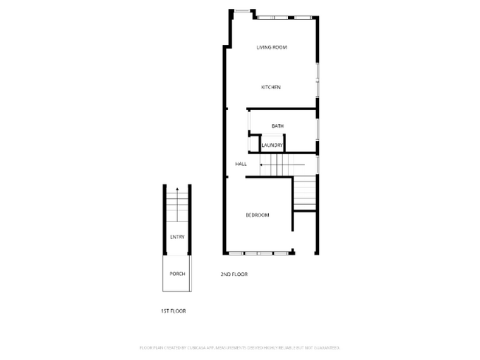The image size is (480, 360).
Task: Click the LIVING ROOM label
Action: click(271, 47)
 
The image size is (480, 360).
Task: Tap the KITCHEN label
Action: click(271, 87)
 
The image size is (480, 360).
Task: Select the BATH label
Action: click(278, 126)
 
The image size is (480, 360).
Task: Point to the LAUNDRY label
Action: click(272, 145)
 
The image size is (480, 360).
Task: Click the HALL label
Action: click(241, 164)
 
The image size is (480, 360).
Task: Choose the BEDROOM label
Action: click(257, 215)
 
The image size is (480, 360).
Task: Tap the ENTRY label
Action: click(177, 237)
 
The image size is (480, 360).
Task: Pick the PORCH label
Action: click(177, 274)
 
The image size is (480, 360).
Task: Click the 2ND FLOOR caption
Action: click(234, 274)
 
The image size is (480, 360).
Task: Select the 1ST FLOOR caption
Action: click(174, 311)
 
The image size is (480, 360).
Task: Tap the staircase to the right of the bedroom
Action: click(305, 193)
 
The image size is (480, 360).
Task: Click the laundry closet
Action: click(272, 143)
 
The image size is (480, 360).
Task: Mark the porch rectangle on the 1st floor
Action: click(177, 274)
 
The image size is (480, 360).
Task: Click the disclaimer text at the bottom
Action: click(239, 347)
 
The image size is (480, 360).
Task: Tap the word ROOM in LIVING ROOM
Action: click(279, 47)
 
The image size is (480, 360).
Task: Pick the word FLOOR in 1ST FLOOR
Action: click(178, 311)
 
